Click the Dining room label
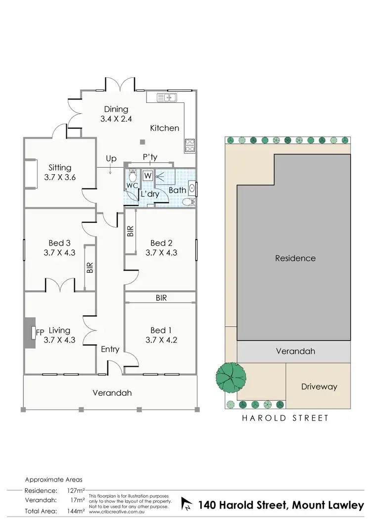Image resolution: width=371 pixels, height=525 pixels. [x=116, y=109]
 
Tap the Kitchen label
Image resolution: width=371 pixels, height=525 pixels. [x=165, y=128]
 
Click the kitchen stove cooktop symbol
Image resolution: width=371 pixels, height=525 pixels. [x=190, y=144]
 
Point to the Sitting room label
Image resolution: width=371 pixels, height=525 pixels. [x=60, y=168]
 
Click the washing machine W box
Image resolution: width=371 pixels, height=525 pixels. [x=148, y=175]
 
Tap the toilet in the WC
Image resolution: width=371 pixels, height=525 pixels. [x=132, y=176]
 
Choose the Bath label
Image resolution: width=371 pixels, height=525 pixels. [x=177, y=190]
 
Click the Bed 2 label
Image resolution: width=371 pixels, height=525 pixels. [x=161, y=243]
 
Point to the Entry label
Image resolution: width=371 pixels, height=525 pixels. [x=110, y=349]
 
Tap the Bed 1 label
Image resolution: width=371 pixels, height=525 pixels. [x=161, y=331]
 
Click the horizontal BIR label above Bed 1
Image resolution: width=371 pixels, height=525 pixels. [x=161, y=298]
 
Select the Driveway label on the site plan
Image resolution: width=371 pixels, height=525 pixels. [x=319, y=386]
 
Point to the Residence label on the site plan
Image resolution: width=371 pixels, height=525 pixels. [x=295, y=258]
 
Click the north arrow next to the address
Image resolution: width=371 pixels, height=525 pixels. [x=187, y=505]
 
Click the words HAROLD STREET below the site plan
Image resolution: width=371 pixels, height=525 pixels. [x=285, y=418]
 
